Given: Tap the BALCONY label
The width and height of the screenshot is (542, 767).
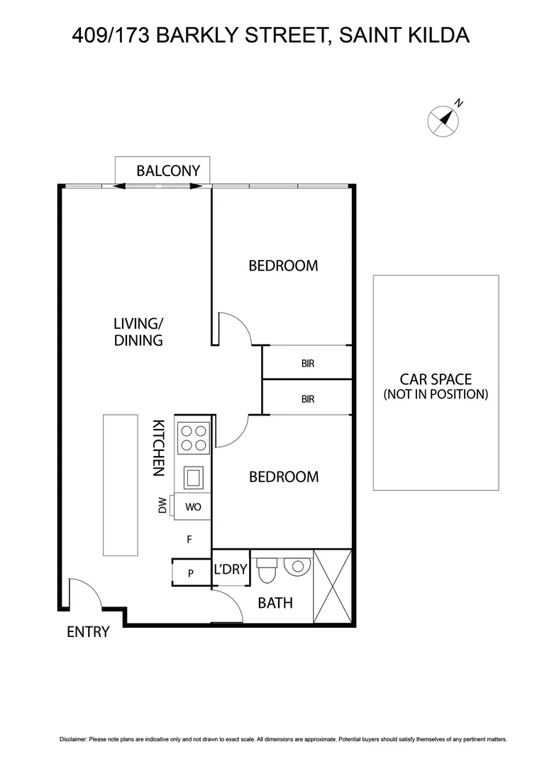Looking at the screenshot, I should pos(168,170).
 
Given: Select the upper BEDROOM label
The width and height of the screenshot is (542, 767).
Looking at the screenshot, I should pos(283,266).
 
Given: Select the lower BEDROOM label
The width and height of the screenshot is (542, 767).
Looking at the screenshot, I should pos(283,477).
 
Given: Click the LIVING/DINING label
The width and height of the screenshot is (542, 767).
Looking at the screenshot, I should pos(138,332).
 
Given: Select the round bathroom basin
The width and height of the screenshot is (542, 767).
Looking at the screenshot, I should pos(297,566).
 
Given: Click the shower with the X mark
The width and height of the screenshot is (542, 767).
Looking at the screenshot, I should pos(332,587).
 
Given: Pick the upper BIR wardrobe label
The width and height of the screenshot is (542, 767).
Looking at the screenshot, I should pos(307,364).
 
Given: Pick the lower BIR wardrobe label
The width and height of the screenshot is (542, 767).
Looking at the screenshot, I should pos(307,399).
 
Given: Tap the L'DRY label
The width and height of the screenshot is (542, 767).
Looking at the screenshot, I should pos(230,569).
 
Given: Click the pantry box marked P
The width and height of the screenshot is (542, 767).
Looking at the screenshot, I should pos(191,572).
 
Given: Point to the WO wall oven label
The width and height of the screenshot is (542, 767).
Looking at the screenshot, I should pos(194,507).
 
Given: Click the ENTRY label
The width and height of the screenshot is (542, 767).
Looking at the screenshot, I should pos(88,631).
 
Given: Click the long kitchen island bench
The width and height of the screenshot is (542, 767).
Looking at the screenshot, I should pos(120,485).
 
